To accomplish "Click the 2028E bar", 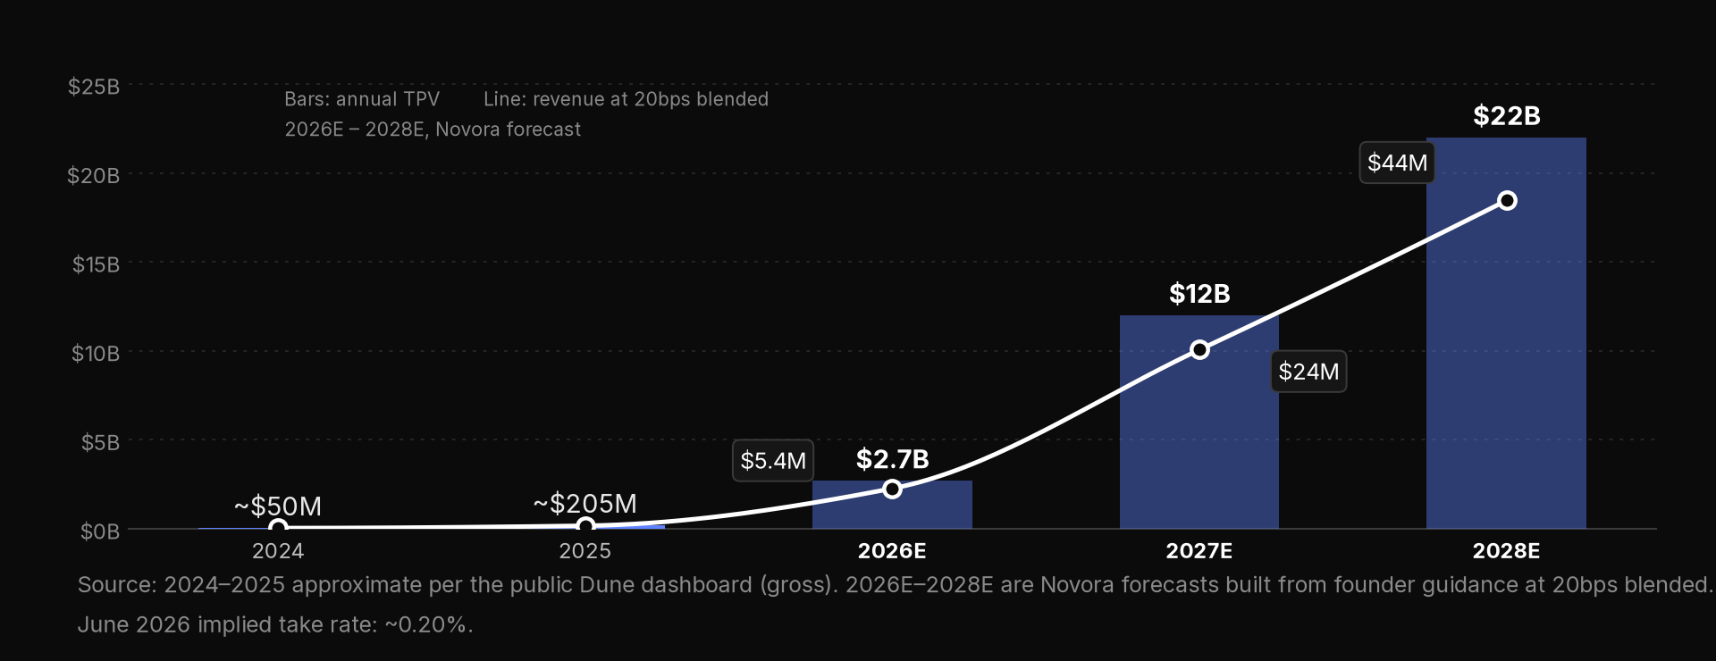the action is (1506, 333).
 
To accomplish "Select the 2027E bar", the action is (1199, 422).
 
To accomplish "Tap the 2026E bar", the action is (892, 505).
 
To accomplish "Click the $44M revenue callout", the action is (1397, 163).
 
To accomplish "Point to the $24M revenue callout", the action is (1308, 372).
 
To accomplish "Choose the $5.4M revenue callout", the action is (773, 461).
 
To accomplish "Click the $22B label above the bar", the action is (1507, 116).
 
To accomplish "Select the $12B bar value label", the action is (1199, 294).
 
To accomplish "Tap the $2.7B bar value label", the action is (892, 459).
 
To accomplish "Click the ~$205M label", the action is (585, 504).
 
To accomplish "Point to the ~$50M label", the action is (278, 506).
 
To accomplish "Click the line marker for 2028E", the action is (1507, 201).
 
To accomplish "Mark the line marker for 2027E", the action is (1199, 349).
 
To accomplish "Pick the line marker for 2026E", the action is (892, 489).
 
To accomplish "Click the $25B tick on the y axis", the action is (94, 87).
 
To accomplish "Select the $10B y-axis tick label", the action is (96, 354).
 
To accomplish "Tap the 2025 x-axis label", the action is (585, 551).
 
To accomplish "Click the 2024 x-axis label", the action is (278, 551).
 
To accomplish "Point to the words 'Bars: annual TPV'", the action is (362, 99).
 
